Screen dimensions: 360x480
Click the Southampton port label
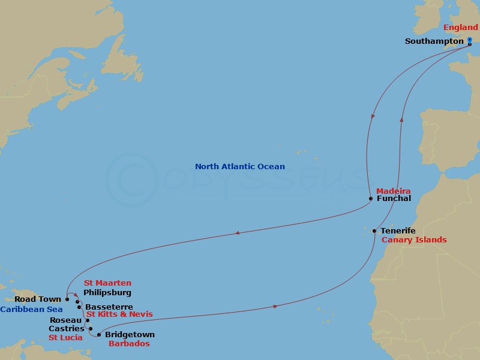[434, 41]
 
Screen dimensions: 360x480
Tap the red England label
[460, 28]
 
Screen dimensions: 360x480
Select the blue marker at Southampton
[470, 41]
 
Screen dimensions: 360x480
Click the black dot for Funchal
[371, 199]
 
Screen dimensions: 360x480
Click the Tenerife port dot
[374, 231]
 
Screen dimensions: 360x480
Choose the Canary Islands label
[414, 240]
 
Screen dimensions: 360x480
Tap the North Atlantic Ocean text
[240, 167]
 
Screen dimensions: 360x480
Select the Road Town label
[38, 299]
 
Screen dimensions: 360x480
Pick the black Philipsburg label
[107, 293]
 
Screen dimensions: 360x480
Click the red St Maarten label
[107, 283]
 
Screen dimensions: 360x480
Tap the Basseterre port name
[109, 307]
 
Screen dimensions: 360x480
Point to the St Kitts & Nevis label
[119, 314]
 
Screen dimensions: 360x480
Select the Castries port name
[67, 329]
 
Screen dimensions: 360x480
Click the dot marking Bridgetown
[99, 335]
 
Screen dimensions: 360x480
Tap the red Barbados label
[128, 344]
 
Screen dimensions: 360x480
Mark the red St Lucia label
[65, 338]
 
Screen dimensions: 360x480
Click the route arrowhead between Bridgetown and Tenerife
[275, 307]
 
